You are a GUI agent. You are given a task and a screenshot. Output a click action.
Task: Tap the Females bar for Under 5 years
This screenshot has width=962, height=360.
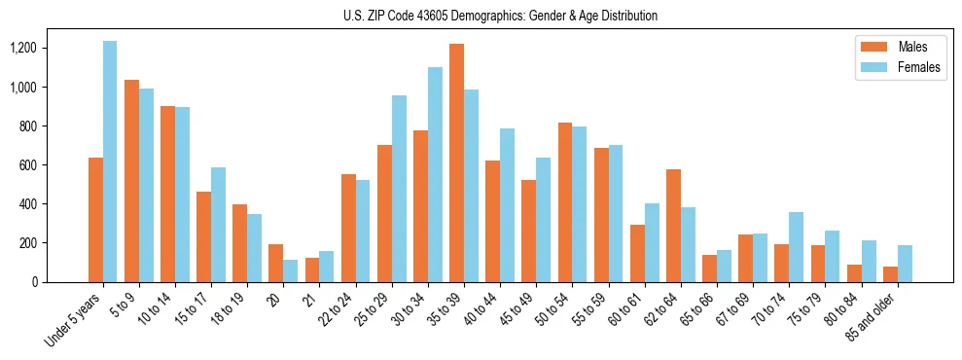[110, 162]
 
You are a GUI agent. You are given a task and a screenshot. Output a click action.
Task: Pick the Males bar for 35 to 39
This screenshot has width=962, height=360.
[456, 162]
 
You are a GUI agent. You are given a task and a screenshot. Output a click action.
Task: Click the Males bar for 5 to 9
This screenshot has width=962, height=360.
[131, 181]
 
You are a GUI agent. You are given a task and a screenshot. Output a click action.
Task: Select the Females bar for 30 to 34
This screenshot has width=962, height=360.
[435, 174]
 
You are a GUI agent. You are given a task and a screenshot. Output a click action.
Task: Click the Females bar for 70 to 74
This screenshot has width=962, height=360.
[796, 247]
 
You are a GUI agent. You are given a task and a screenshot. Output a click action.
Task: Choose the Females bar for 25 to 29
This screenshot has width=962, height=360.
[399, 189]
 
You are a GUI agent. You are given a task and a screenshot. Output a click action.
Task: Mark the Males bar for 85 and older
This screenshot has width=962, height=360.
[890, 274]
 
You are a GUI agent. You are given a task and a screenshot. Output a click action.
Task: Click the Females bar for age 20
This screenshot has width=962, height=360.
[291, 270]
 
